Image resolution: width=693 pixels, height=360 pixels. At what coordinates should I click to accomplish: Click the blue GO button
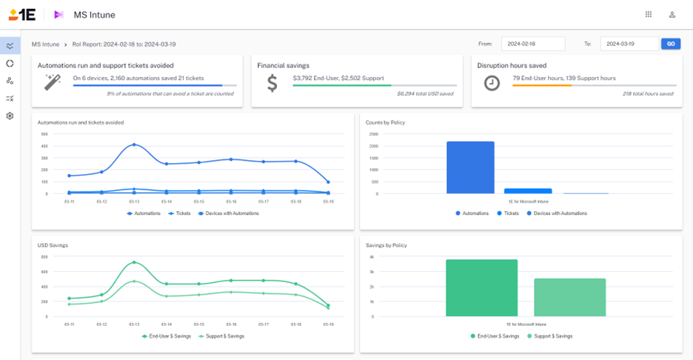point(670,44)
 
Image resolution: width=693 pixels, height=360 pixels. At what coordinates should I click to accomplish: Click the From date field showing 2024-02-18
point(532,44)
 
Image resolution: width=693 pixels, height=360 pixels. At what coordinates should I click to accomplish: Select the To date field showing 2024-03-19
point(629,44)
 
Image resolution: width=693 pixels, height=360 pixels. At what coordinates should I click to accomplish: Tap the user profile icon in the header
point(672,14)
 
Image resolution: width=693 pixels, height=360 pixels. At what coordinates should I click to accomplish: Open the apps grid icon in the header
point(649,14)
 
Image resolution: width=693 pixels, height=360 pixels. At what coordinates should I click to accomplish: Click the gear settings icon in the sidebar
point(10,116)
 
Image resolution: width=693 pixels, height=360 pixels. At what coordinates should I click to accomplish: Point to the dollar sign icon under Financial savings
point(272,83)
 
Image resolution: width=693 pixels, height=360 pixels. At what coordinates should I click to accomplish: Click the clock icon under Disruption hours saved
point(492,83)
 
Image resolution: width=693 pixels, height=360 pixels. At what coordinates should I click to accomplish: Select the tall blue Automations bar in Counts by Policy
point(470,167)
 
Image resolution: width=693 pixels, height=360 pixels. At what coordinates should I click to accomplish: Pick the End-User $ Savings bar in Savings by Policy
point(481,287)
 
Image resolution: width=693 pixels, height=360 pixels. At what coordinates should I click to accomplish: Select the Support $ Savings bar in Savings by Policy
point(569,297)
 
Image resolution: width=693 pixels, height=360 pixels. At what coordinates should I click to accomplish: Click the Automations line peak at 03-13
point(134,144)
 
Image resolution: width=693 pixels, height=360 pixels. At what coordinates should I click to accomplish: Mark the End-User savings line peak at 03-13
point(134,262)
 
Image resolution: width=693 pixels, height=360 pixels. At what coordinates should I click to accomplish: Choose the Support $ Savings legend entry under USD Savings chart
point(224,336)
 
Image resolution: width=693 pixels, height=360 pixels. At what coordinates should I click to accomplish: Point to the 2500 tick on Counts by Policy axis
point(373,134)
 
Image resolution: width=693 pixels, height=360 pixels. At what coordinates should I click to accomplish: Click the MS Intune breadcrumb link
point(46,44)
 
